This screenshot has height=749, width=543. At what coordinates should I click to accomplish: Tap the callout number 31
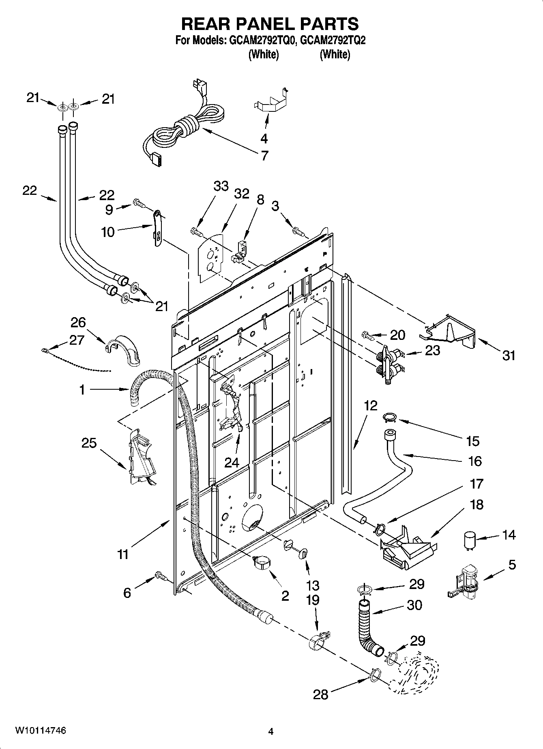point(509,355)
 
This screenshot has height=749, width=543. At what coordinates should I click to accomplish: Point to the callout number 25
point(89,443)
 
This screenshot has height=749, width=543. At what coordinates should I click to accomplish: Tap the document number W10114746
point(41,731)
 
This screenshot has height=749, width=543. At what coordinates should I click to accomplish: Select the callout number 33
point(221,186)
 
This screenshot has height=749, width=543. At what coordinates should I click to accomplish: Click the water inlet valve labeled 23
point(389,363)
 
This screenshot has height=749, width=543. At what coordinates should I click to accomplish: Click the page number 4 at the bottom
point(271,732)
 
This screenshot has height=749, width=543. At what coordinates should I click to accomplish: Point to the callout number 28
point(320,695)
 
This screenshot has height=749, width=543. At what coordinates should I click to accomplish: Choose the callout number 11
point(123,554)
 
